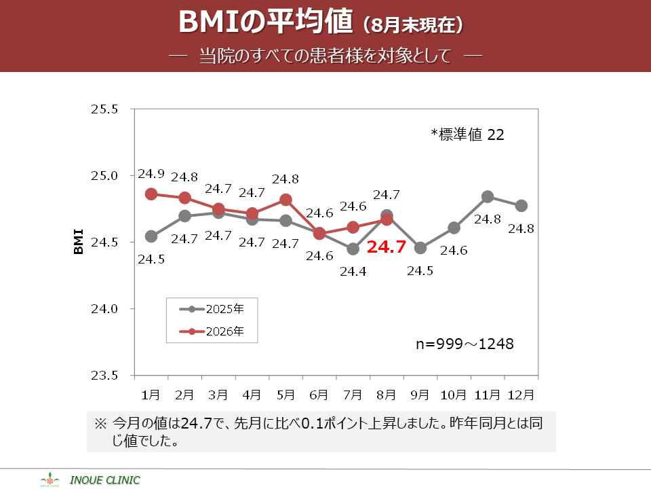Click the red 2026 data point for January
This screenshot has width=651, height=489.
click(x=151, y=194)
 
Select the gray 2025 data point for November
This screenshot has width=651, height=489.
click(x=488, y=197)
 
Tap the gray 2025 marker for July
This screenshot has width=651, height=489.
click(x=353, y=249)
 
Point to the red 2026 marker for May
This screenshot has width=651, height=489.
click(x=285, y=200)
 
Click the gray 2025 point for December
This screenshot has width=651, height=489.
click(x=521, y=206)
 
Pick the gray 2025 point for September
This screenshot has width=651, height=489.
click(x=420, y=248)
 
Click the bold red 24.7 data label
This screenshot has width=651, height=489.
click(x=386, y=247)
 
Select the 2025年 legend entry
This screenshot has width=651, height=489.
click(x=212, y=309)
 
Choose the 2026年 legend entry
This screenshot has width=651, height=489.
click(x=212, y=331)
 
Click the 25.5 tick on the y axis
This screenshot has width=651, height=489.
click(x=104, y=109)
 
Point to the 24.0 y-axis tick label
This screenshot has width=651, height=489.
click(x=104, y=309)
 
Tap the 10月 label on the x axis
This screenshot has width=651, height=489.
click(x=454, y=395)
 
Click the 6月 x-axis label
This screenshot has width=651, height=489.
click(x=319, y=395)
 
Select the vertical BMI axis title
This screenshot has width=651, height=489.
click(x=78, y=242)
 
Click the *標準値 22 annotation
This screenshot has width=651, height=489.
click(x=467, y=134)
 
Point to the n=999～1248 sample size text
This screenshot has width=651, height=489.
click(x=465, y=344)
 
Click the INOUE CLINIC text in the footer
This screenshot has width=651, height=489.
click(x=105, y=480)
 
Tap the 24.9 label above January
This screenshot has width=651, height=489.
click(x=151, y=174)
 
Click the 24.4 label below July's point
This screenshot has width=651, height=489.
click(x=353, y=272)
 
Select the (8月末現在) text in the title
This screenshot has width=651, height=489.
click(x=413, y=25)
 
